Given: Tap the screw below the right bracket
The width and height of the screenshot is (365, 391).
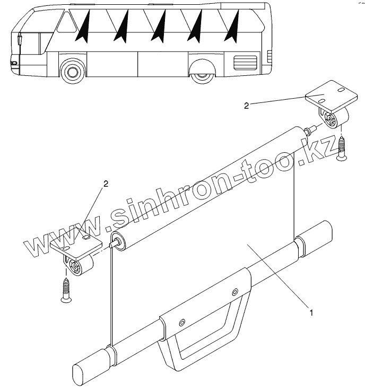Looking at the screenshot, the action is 341,148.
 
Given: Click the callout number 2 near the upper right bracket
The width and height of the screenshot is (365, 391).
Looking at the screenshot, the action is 246,106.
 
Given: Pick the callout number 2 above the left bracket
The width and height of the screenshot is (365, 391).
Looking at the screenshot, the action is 106,184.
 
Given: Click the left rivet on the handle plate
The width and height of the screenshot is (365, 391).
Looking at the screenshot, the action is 182,322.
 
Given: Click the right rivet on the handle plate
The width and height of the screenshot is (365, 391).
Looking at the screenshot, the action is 233,292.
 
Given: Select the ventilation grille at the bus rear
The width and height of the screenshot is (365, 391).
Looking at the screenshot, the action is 245,62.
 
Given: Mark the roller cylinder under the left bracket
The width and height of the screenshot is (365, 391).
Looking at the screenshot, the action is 79,267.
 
